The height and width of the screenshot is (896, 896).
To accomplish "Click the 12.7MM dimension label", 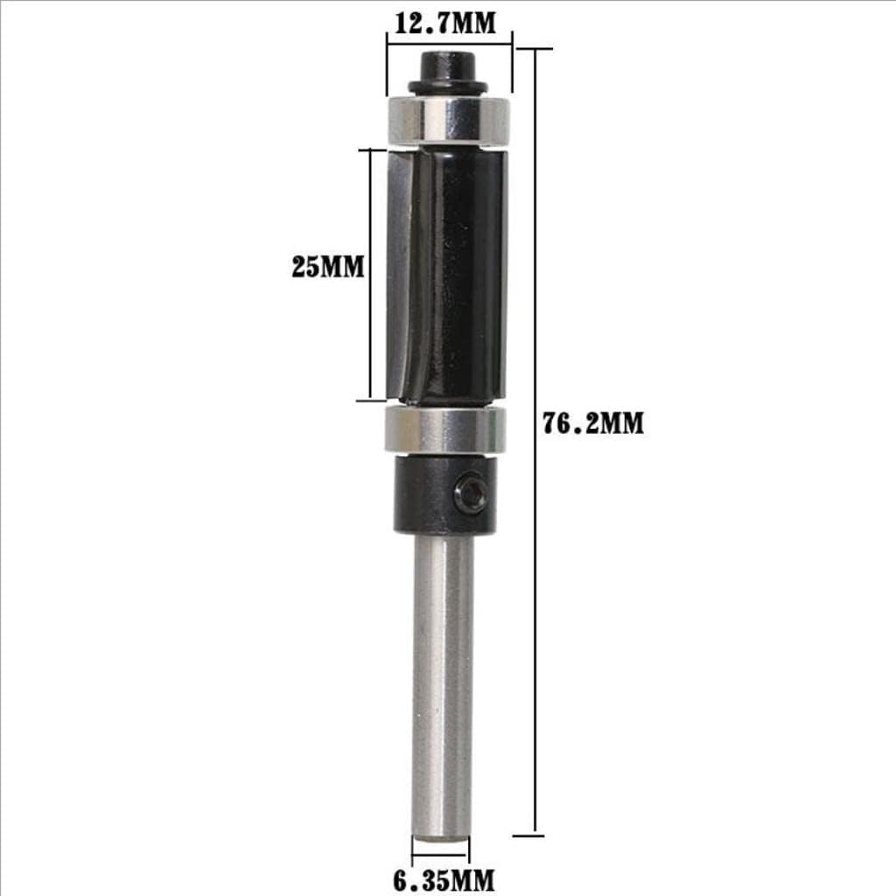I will [x=444, y=23].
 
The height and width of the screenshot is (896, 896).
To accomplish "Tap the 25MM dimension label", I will [x=327, y=267].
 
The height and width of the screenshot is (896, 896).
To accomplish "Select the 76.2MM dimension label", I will [x=592, y=424].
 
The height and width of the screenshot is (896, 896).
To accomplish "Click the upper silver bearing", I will [x=448, y=120].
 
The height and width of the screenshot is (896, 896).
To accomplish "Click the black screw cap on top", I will [x=446, y=65].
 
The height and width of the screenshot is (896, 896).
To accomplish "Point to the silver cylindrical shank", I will [x=443, y=682].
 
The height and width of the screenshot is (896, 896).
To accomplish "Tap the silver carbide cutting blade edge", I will [x=398, y=271].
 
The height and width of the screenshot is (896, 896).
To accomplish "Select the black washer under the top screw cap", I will [x=446, y=87].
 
